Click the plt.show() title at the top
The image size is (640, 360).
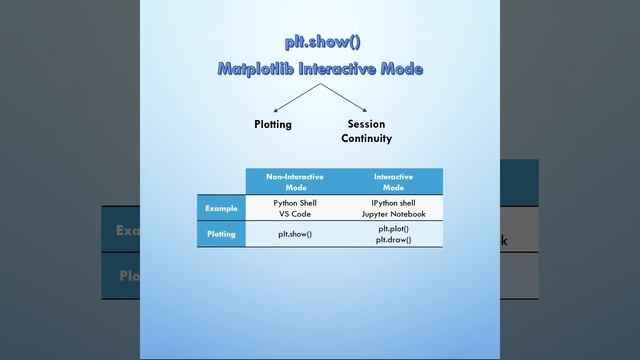(320, 42)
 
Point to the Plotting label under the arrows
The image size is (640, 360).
(272, 125)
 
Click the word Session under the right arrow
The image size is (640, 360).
(366, 125)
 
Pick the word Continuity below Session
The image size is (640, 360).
(366, 139)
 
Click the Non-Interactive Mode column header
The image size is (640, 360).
(295, 181)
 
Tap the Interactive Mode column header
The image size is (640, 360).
(394, 181)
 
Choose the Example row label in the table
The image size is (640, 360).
(221, 208)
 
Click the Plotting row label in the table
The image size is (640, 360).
(221, 234)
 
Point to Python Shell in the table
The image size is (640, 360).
(295, 203)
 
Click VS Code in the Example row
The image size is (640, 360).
(295, 214)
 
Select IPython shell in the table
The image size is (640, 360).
(394, 203)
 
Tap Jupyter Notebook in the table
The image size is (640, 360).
(394, 214)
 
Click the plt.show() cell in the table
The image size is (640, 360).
(295, 234)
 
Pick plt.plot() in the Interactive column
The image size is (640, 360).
(394, 229)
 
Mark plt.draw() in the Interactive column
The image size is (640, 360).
(394, 240)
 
